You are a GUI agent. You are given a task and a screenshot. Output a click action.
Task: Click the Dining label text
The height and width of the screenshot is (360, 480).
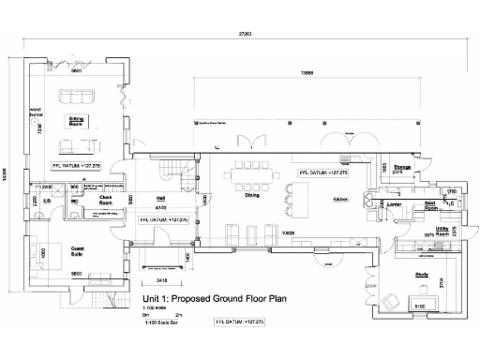[x=252, y=196]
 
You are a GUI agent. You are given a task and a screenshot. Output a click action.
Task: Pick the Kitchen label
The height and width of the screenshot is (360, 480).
[x=341, y=200]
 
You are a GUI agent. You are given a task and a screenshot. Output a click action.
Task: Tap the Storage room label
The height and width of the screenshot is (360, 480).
[x=402, y=167]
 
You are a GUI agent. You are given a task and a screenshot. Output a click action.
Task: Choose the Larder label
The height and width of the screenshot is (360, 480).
[x=394, y=204]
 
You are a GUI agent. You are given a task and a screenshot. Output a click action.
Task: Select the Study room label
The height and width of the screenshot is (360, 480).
[x=421, y=274]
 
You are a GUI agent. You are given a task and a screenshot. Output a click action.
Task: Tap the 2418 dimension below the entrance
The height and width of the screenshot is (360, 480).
[x=160, y=279]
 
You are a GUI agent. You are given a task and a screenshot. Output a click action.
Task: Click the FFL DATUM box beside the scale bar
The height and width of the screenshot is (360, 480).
[x=241, y=322]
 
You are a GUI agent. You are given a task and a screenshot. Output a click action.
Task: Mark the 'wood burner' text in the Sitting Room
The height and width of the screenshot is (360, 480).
[x=36, y=112]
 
